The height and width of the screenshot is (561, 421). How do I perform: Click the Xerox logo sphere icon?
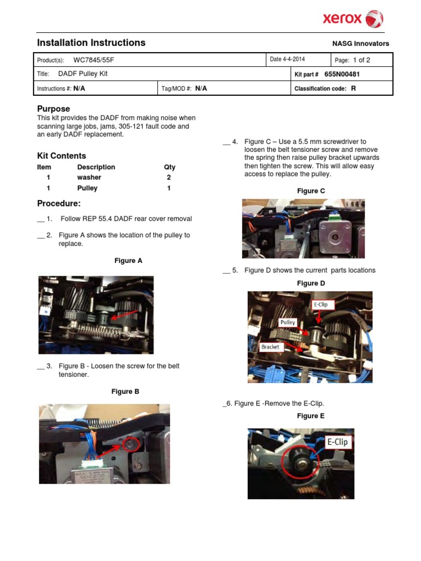[374, 19]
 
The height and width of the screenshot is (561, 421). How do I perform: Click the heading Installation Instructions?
[91, 43]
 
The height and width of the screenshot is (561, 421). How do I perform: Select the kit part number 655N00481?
[342, 74]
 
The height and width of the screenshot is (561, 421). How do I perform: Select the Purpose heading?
[53, 108]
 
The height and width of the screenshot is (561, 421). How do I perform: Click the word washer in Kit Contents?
[89, 178]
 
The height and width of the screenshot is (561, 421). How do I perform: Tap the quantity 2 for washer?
[169, 178]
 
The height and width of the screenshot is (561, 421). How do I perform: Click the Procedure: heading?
[59, 204]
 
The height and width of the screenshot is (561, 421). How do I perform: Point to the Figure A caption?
[128, 261]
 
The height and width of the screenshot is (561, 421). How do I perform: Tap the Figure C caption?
[311, 191]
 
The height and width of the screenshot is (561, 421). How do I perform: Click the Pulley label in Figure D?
[288, 323]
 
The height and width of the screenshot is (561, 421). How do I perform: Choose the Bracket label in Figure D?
[270, 347]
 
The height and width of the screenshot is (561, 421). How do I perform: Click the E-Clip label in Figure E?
[337, 442]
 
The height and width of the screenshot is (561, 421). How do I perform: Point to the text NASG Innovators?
[361, 44]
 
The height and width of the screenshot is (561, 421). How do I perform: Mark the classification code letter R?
[354, 88]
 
